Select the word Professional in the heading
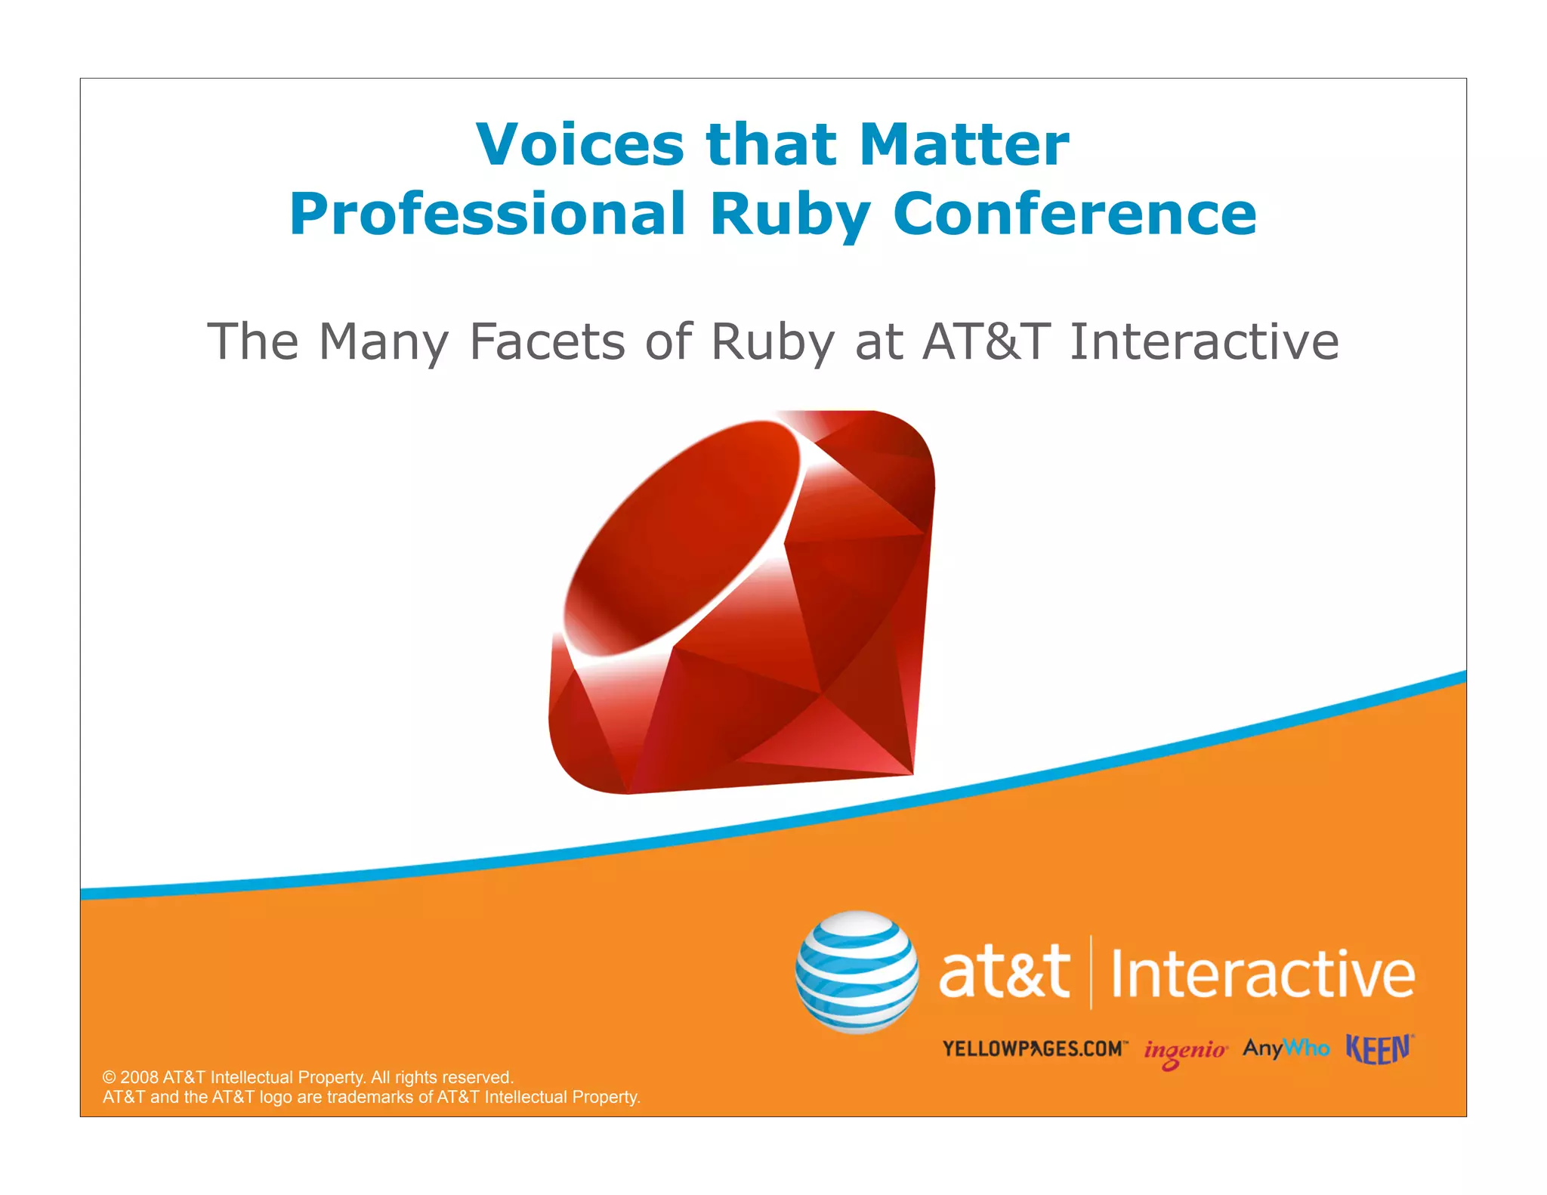click(x=488, y=214)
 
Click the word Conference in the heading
click(x=1074, y=214)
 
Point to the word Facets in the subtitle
click(x=547, y=341)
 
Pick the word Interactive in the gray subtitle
click(x=1204, y=341)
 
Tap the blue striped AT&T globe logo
click(x=857, y=972)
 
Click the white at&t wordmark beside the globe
click(x=1004, y=972)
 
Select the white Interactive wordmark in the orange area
click(x=1262, y=974)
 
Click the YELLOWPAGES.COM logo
click(x=1034, y=1048)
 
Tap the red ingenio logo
click(x=1184, y=1051)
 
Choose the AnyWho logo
click(x=1286, y=1048)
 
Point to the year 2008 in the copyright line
click(x=139, y=1077)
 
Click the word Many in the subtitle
click(x=384, y=341)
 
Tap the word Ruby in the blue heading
click(x=790, y=214)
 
